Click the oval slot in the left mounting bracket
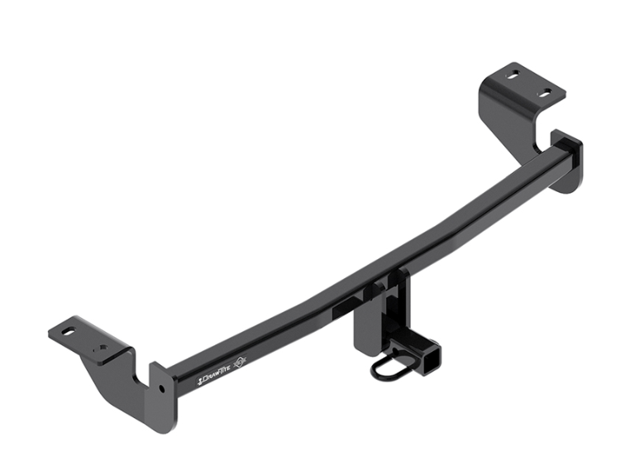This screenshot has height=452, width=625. pos(68,333)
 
